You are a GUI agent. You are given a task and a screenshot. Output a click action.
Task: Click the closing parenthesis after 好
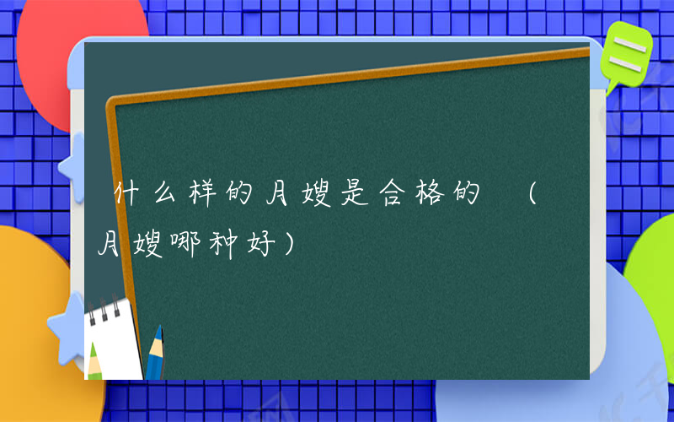[289, 246]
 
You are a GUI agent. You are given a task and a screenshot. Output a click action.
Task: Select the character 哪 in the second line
[179, 246]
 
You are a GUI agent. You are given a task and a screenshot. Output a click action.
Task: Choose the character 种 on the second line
[216, 246]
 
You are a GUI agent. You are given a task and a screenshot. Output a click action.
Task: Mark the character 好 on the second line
[253, 246]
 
